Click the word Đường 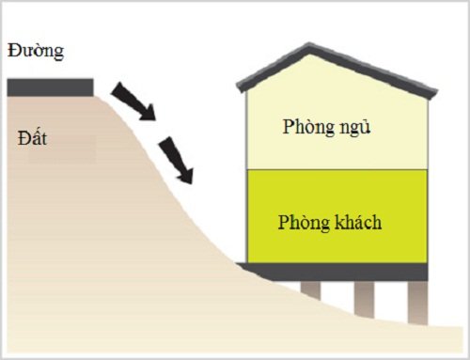click(34, 52)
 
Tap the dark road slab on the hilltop click(50, 87)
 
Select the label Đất click(32, 139)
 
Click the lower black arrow click(176, 158)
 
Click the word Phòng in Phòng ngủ click(306, 127)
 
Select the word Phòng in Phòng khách click(303, 223)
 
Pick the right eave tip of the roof click(436, 94)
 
